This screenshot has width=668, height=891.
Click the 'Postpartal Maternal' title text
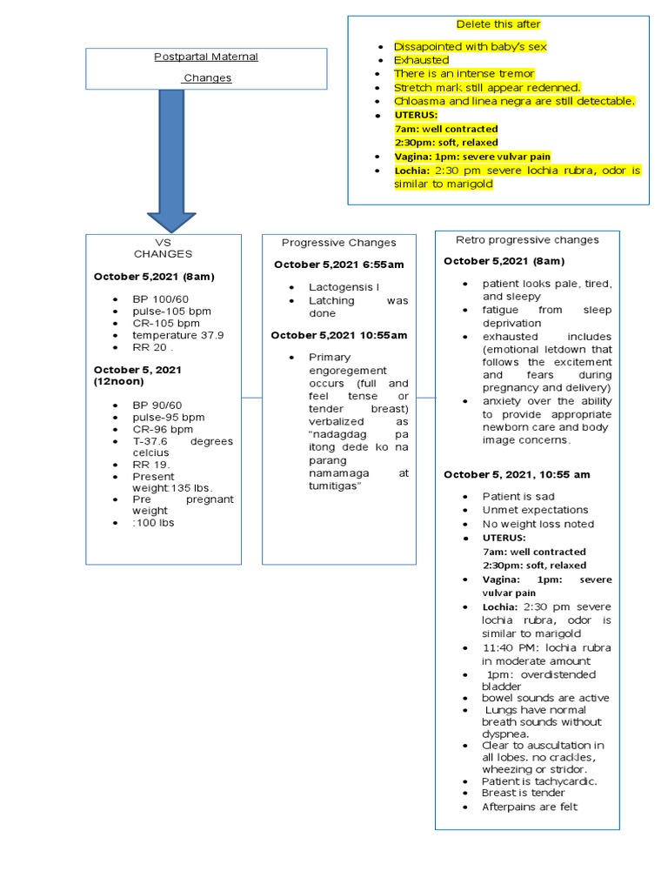[206, 57]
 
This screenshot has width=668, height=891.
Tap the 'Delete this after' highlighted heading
[498, 23]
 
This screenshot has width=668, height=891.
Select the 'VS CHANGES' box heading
[163, 248]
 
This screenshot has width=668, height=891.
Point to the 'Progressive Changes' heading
[338, 243]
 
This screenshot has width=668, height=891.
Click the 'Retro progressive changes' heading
[527, 239]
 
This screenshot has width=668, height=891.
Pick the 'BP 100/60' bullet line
[160, 299]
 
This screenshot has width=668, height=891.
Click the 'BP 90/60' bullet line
[157, 405]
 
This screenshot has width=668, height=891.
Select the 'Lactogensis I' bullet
[344, 287]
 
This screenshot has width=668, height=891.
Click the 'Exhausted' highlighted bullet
[421, 61]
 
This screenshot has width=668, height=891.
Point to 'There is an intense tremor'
[464, 74]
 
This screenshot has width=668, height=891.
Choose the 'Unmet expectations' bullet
[535, 510]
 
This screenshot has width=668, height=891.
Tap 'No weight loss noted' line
[538, 524]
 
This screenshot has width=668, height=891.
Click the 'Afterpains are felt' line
[529, 807]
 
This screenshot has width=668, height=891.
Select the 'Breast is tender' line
[523, 793]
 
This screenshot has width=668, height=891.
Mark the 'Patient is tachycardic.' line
[539, 781]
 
